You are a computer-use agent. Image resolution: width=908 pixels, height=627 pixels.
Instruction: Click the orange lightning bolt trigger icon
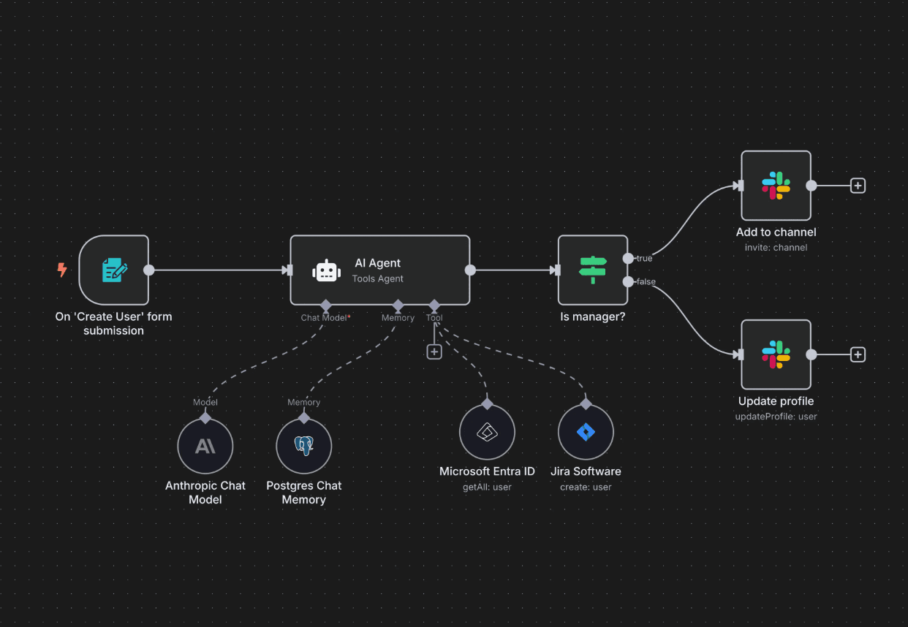pyautogui.click(x=62, y=270)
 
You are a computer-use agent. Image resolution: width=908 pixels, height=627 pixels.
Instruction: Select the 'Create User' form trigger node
pyautogui.click(x=114, y=270)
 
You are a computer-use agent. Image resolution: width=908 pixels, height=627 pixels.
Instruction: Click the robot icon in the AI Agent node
pyautogui.click(x=326, y=270)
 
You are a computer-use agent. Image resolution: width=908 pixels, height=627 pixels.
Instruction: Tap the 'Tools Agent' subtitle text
pyautogui.click(x=377, y=278)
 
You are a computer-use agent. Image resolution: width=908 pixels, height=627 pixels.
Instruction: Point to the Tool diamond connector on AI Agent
pyautogui.click(x=434, y=305)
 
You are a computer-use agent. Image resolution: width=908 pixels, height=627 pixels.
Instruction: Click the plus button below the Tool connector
pyautogui.click(x=434, y=351)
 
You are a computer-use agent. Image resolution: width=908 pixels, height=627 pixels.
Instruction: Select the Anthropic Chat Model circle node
pyautogui.click(x=205, y=446)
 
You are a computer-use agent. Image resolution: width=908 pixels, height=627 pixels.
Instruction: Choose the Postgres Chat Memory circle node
pyautogui.click(x=304, y=446)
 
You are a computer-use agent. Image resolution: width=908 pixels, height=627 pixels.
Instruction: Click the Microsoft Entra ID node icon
pyautogui.click(x=487, y=432)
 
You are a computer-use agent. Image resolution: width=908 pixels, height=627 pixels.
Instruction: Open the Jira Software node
pyautogui.click(x=586, y=432)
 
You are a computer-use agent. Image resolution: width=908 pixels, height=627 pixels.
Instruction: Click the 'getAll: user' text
pyautogui.click(x=487, y=487)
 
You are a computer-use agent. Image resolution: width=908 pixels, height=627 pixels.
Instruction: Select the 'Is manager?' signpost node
pyautogui.click(x=593, y=270)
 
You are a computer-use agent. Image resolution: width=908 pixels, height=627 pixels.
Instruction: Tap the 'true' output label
pyautogui.click(x=644, y=259)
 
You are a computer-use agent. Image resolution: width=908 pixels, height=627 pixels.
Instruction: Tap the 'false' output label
pyautogui.click(x=646, y=282)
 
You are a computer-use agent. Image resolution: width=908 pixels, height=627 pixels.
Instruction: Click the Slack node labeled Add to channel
pyautogui.click(x=776, y=186)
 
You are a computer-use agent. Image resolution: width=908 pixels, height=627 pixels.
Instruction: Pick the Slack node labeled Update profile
pyautogui.click(x=776, y=354)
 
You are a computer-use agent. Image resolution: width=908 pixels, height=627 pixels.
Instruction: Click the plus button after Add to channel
pyautogui.click(x=858, y=186)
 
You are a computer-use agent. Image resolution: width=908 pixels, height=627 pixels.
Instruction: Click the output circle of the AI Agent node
pyautogui.click(x=470, y=270)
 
